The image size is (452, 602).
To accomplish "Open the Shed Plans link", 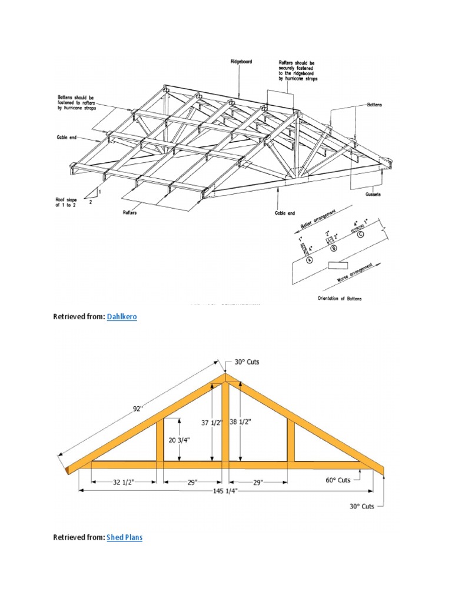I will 125,537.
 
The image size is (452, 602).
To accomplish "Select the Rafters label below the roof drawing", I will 130,213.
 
